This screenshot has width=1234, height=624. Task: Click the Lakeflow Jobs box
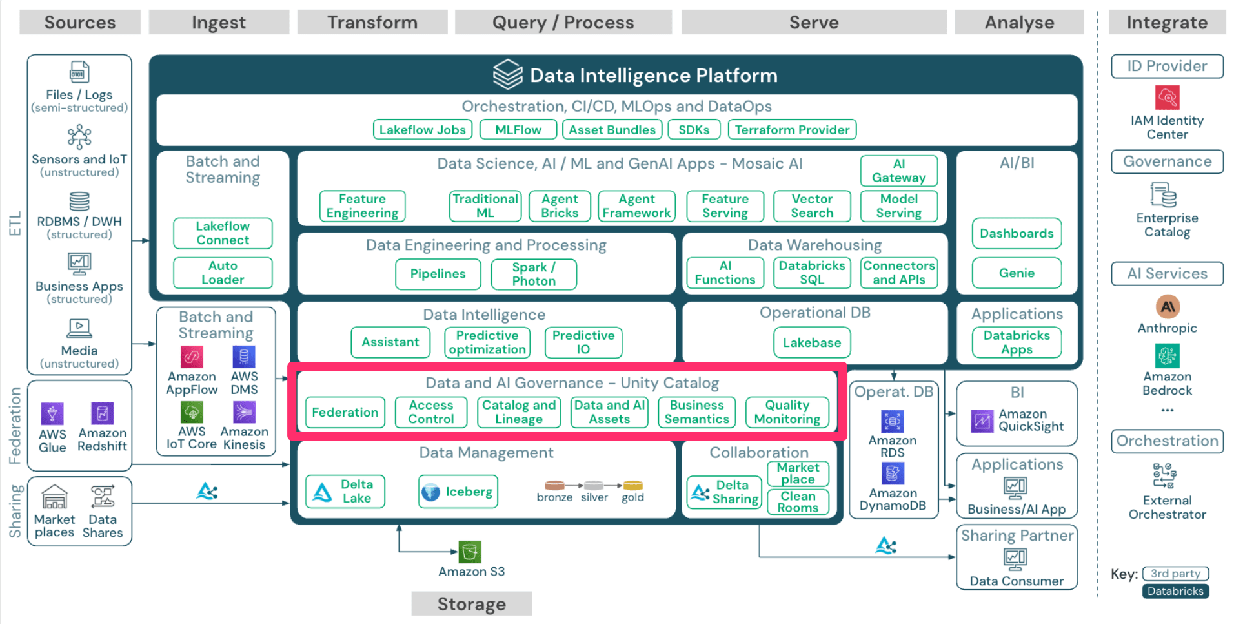[422, 130]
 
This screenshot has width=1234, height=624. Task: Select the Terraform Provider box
[792, 130]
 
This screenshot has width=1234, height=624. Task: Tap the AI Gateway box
[898, 171]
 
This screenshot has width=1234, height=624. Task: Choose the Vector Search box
[812, 206]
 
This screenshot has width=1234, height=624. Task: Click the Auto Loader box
[223, 273]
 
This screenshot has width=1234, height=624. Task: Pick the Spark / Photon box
[534, 274]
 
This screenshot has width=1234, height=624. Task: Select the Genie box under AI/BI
[1017, 273]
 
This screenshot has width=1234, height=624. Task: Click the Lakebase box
[812, 342]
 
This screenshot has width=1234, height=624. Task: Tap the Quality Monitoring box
[787, 412]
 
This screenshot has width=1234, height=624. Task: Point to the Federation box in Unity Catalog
[345, 412]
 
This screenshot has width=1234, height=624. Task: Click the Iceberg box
[458, 492]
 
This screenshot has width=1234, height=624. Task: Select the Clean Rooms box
[798, 502]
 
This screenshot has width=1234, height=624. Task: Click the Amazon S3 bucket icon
[470, 552]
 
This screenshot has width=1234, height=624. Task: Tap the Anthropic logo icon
[1167, 307]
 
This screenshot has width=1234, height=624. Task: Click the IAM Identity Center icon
[1167, 98]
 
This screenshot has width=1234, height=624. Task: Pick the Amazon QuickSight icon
[982, 421]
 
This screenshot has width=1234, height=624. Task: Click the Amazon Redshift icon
[102, 413]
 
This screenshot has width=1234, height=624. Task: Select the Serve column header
[814, 23]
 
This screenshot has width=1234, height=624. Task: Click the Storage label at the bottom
[472, 604]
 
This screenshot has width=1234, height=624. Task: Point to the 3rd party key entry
[1175, 574]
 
